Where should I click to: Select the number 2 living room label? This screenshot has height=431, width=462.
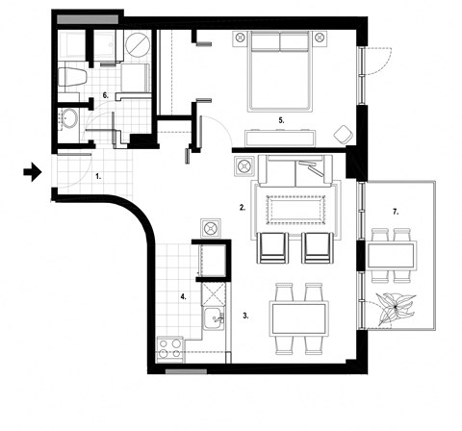pos(244,207)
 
